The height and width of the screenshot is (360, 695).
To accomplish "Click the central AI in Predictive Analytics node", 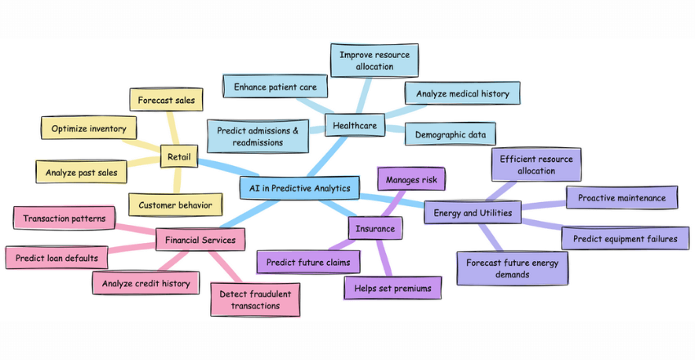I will [300, 188].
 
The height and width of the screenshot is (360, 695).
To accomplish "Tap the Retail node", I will [179, 156].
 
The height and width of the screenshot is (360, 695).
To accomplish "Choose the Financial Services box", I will [200, 240].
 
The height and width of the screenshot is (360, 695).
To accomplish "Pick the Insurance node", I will [374, 228].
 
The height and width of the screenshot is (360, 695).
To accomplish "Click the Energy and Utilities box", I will [473, 214].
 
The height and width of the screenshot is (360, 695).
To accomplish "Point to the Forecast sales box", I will [166, 101].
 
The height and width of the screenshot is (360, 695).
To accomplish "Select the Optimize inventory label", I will [89, 128].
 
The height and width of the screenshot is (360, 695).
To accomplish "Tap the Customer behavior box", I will [175, 205].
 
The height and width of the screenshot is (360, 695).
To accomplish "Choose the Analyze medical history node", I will [462, 94].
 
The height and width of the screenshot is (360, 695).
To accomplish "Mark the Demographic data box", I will [451, 133].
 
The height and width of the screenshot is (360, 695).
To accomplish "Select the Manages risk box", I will [411, 178].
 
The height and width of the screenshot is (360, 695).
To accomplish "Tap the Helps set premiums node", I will [392, 288].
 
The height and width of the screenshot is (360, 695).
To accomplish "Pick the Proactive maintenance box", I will [621, 198].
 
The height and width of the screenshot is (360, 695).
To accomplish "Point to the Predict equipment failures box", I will [625, 239].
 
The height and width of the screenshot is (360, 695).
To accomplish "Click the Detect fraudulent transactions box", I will [255, 299].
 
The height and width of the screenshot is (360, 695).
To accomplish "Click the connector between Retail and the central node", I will [219, 169].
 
